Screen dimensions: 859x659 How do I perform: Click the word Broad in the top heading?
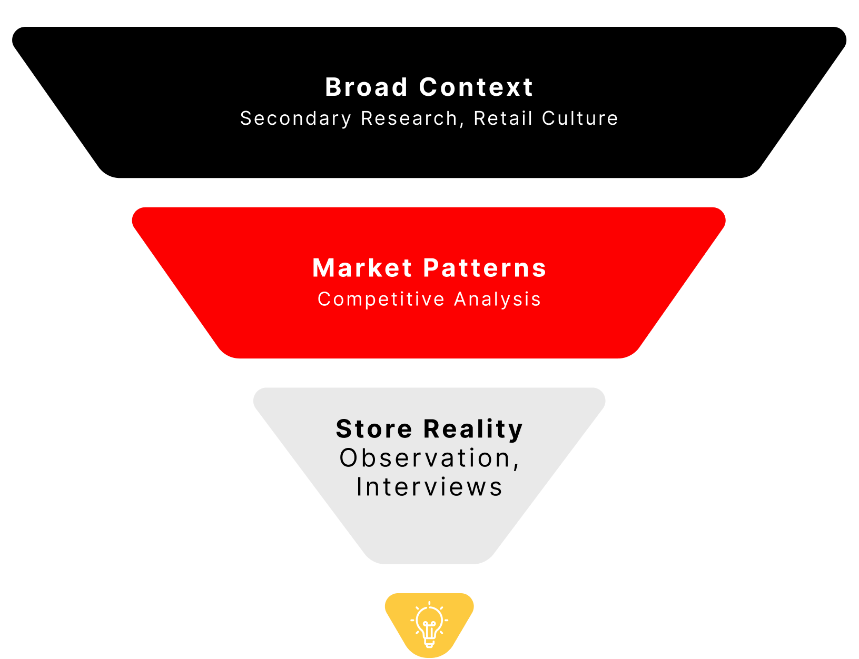point(366,87)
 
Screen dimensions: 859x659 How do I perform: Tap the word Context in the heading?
point(476,87)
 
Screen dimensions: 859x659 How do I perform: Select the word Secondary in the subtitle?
point(295,119)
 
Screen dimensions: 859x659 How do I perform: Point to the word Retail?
point(503,119)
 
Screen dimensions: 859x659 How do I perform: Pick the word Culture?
point(580,119)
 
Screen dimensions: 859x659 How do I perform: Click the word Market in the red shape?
point(362,268)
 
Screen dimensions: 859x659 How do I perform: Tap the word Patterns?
point(485,268)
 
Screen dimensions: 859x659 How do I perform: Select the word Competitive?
point(381,299)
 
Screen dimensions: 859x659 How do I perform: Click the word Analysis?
point(498,299)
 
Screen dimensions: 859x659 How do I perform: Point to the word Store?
point(374,429)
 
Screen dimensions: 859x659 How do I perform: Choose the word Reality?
point(473,429)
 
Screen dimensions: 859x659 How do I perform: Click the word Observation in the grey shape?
point(425,458)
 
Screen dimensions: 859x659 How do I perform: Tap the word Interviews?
point(429,487)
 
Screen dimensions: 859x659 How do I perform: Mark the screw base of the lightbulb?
point(429,643)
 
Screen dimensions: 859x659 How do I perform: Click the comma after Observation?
point(516,465)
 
